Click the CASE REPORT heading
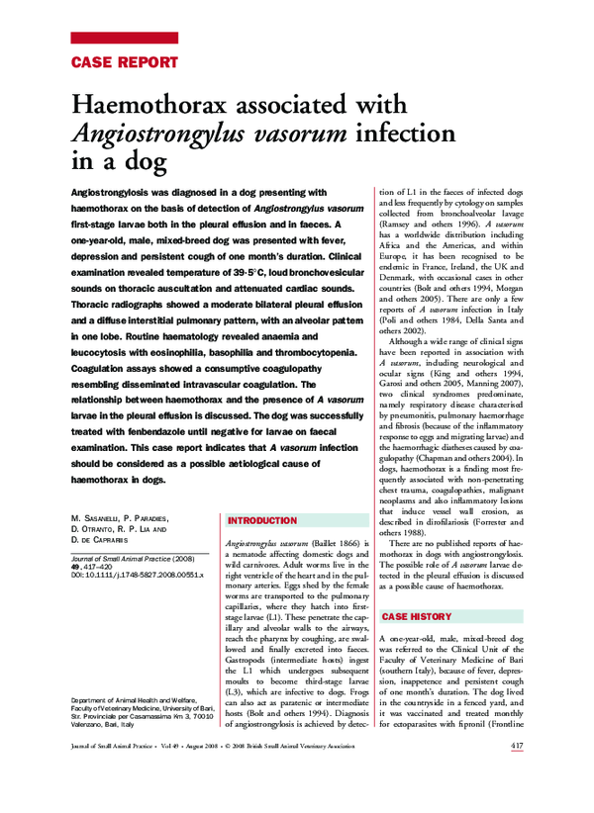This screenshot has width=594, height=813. (125, 61)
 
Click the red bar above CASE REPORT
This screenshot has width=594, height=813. (125, 39)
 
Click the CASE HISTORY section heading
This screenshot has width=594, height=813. (417, 616)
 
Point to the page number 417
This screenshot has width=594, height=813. (517, 801)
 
